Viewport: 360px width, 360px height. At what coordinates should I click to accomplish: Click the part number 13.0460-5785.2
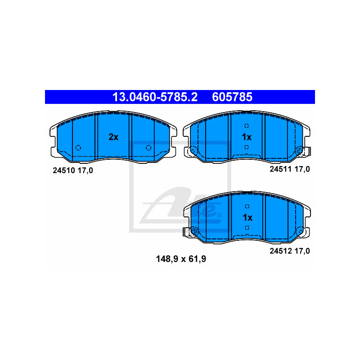pyautogui.click(x=154, y=97)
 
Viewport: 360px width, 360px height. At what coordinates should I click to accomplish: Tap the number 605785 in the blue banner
pyautogui.click(x=232, y=97)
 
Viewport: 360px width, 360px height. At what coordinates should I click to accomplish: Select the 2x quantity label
pyautogui.click(x=113, y=137)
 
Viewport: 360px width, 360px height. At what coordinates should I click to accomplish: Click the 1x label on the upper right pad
pyautogui.click(x=247, y=137)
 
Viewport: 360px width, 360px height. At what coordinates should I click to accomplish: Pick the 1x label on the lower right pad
pyautogui.click(x=247, y=217)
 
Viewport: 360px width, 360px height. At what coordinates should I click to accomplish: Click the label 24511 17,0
pyautogui.click(x=290, y=169)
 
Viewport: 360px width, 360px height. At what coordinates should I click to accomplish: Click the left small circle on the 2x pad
pyautogui.click(x=78, y=148)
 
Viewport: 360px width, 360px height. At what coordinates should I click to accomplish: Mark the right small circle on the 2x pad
pyautogui.click(x=148, y=148)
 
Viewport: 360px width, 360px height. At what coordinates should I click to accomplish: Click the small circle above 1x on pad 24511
pyautogui.click(x=247, y=126)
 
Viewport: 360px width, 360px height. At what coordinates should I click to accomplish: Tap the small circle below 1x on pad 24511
pyautogui.click(x=247, y=147)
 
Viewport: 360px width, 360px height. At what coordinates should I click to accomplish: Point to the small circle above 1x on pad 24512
pyautogui.click(x=247, y=206)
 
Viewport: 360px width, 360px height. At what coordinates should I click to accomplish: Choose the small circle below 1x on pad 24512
pyautogui.click(x=247, y=228)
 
